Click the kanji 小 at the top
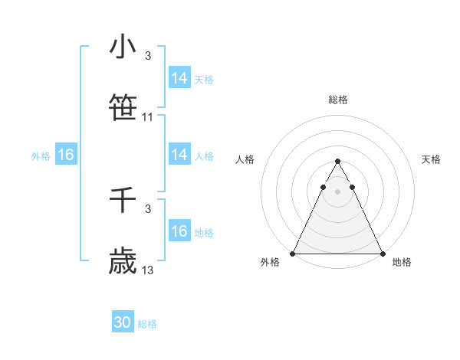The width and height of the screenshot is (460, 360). pos(123,47)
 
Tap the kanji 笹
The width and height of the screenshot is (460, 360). pos(123,108)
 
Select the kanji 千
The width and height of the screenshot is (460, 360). pos(123,200)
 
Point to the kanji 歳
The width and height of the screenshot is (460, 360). pos(123,261)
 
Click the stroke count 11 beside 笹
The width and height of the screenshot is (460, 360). pos(148,117)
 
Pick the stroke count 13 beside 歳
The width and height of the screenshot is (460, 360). pos(148,270)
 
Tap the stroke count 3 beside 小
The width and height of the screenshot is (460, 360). pos(147,56)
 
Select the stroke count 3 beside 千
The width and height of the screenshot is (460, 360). pos(147,209)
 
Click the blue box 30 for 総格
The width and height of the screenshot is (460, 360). pos(123,323)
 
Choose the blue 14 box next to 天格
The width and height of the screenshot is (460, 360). pos(179,78)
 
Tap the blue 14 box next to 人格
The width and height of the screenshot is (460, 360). pos(179,155)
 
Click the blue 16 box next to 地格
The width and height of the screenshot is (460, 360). pos(179,231)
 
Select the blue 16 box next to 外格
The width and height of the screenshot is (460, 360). pos(66,155)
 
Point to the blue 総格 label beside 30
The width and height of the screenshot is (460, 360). pos(147,324)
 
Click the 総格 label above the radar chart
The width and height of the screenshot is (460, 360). pos(337,100)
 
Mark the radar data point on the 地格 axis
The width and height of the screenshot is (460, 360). pos(382,254)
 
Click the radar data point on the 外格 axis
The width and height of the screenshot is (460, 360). pos(293,254)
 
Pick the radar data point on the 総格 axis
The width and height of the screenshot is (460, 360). pos(337,162)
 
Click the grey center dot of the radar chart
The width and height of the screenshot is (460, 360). pos(337,191)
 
